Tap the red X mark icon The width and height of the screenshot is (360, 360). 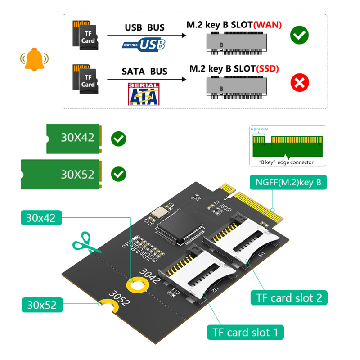[x=299, y=83]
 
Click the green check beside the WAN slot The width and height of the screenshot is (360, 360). [x=299, y=35]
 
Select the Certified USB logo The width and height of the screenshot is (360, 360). [x=144, y=44]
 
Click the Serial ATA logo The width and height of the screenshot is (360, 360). [x=143, y=94]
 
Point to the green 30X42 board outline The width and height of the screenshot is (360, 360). [x=75, y=137]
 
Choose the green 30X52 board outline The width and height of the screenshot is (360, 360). [x=61, y=173]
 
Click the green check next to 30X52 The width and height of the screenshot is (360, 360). [x=118, y=174]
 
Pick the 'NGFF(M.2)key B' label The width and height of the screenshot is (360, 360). [x=288, y=182]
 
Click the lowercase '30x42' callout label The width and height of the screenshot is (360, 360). [x=41, y=218]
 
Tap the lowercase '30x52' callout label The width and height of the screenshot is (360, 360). [x=42, y=305]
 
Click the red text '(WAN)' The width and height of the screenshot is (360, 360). [x=267, y=24]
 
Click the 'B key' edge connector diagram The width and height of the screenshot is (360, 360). [x=288, y=146]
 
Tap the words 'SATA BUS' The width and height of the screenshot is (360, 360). [x=144, y=71]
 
